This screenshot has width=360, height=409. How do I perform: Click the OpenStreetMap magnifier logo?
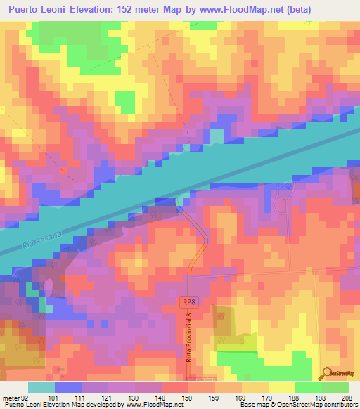(326, 374)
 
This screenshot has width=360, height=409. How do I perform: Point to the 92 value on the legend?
(27, 397)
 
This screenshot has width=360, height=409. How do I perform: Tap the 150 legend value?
(188, 397)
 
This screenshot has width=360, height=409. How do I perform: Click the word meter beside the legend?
(12, 397)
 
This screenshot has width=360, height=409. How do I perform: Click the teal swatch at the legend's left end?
(41, 387)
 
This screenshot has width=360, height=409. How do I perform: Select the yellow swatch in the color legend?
(281, 387)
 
